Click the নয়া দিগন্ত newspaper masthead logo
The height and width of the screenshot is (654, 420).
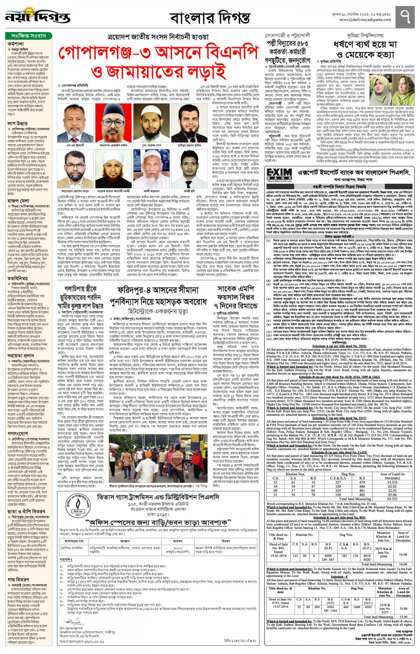37,16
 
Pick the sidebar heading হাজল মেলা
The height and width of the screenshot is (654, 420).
18,201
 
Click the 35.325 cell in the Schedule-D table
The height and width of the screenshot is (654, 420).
392,482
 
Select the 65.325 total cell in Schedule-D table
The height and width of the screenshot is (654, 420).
392,499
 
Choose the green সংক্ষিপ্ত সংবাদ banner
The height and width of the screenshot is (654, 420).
29,36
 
